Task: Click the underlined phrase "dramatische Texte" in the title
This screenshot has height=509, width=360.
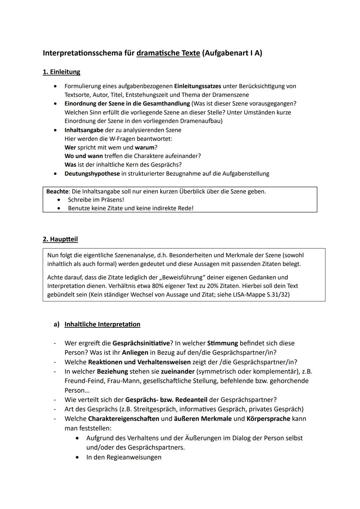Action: click(168, 53)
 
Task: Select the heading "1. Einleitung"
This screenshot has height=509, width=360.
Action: click(61, 72)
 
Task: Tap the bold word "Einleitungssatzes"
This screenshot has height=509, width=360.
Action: click(197, 86)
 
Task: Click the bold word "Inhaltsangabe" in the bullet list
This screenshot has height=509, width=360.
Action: click(84, 130)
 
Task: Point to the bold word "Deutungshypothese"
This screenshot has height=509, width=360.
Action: click(92, 174)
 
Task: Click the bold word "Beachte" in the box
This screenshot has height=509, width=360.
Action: click(57, 192)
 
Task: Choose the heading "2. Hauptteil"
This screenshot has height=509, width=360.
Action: click(60, 239)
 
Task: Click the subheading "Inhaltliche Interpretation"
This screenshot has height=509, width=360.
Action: click(102, 324)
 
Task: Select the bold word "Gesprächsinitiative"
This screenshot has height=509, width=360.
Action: click(141, 343)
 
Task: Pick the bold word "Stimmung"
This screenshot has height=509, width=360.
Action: click(222, 343)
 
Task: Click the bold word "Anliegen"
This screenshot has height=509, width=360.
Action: click(135, 353)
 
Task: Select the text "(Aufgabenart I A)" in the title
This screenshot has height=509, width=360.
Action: click(232, 53)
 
